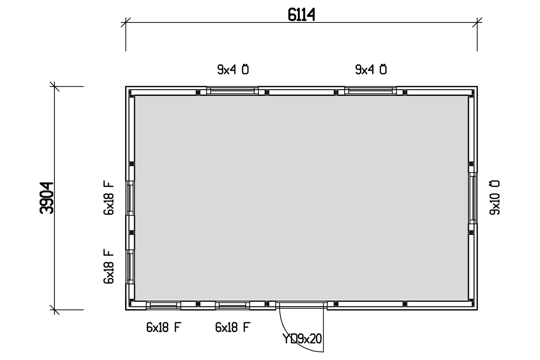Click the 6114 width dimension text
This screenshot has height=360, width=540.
pos(301,15)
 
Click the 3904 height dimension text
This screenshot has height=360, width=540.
pos(46,198)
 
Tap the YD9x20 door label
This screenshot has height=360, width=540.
pos(302,339)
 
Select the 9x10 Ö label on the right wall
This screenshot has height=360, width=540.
pos(495,198)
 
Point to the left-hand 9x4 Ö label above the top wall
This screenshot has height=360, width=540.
pos(233,70)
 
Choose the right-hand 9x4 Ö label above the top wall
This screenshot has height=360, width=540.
pos(371,70)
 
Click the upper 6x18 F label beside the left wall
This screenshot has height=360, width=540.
pos(108,198)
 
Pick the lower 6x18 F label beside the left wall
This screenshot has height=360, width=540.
pos(108,266)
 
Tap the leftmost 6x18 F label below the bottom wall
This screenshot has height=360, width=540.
pos(164,328)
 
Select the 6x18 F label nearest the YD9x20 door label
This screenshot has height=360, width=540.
pos(233,328)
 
